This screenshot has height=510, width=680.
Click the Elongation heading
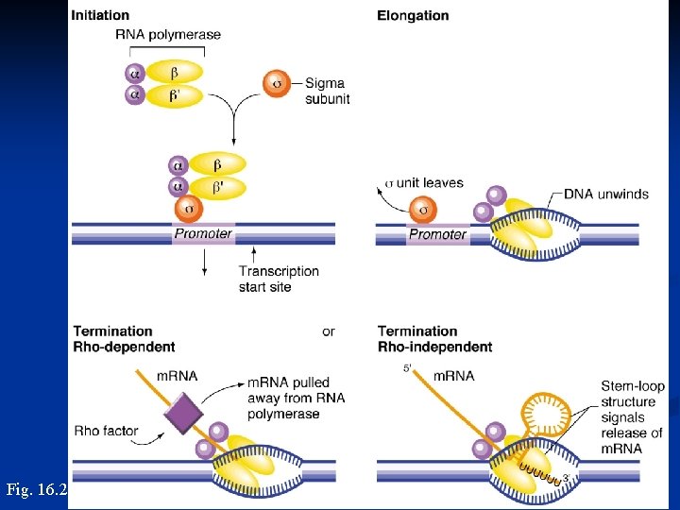pos(413,15)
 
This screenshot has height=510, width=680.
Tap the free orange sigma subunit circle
pos(276,82)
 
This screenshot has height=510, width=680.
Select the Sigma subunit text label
pos(327,91)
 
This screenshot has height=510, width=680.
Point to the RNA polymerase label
pos(168,35)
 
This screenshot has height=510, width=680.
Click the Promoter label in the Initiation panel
pos(203,233)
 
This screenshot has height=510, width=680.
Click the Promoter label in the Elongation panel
pos(437,234)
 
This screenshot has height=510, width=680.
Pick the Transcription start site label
pos(279,279)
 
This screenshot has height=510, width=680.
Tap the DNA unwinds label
pos(605,194)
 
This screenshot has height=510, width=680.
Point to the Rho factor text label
pos(106,432)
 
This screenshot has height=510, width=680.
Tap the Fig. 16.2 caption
pos(36,489)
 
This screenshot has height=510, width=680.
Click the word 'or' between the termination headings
pos(328,331)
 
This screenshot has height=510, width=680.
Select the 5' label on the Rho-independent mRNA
pos(408,368)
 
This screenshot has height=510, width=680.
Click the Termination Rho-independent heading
pos(434,339)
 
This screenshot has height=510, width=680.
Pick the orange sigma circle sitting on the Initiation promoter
pos(188,207)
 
